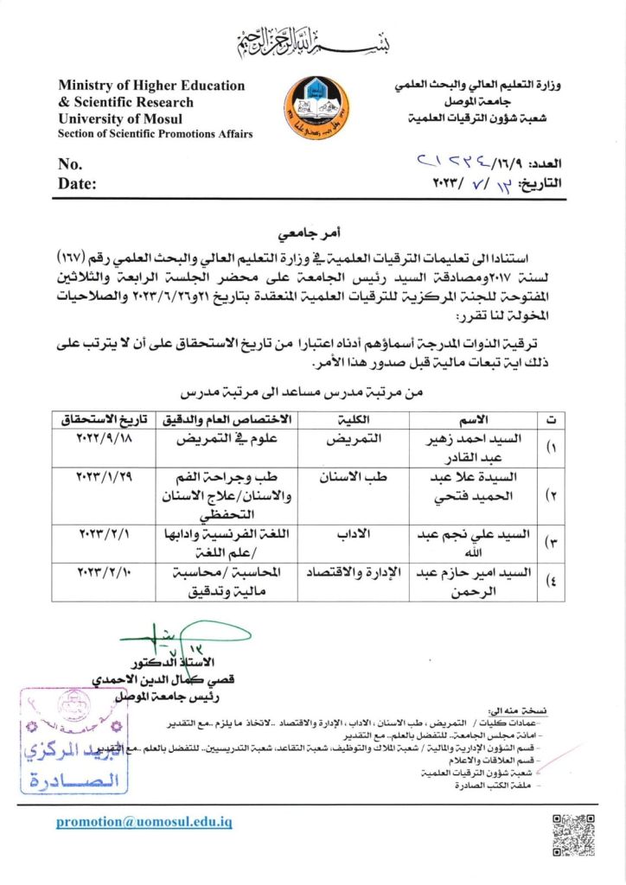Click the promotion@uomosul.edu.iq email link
point(144,822)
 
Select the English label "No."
point(71,164)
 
